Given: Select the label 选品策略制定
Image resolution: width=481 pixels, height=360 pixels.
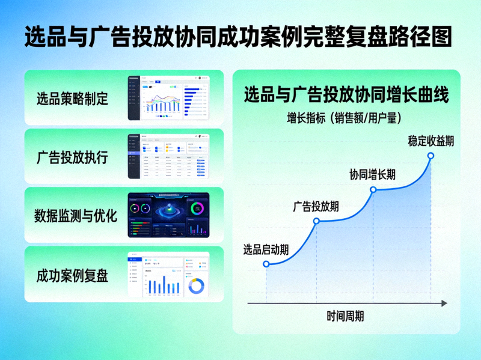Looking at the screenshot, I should point(72,98).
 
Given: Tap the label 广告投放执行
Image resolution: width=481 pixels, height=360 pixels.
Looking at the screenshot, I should point(72,157).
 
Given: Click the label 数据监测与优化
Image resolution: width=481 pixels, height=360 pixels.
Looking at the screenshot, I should point(76,216).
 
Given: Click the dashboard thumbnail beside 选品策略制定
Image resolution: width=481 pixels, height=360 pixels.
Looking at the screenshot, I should point(168,98).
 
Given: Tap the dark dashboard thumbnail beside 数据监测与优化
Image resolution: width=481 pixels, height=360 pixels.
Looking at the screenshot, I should point(168,215).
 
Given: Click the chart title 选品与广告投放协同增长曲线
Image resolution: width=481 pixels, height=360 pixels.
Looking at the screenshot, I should point(346,96).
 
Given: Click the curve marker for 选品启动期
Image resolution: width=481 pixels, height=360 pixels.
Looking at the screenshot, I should point(266,263).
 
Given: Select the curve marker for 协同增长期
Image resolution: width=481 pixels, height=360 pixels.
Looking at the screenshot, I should point(373,189).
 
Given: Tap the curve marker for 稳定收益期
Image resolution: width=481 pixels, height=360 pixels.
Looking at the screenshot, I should point(430,156).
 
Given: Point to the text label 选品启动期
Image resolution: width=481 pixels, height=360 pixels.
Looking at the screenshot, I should point(266,249).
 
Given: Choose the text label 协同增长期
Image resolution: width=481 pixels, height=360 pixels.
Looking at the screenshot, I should point(373,175).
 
